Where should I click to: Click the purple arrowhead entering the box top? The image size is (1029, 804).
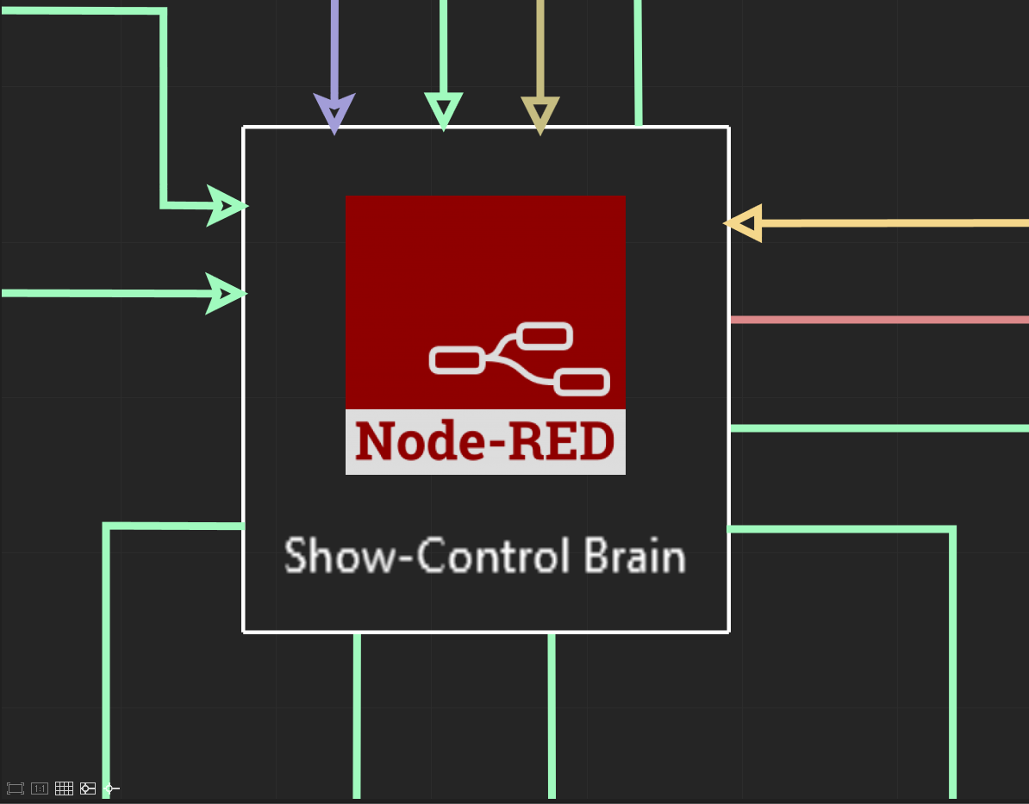tap(334, 113)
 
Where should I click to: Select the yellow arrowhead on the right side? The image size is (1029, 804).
tap(745, 223)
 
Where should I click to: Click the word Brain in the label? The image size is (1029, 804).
tap(635, 556)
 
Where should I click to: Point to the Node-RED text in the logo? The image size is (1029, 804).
tap(485, 442)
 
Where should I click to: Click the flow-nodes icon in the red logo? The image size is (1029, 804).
tap(520, 358)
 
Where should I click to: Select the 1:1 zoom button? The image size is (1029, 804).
tap(40, 788)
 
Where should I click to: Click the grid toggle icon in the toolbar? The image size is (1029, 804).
tap(64, 788)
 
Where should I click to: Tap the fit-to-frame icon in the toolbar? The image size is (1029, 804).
tap(16, 788)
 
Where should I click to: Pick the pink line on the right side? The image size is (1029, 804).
tap(879, 320)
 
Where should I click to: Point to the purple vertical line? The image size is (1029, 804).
tap(334, 43)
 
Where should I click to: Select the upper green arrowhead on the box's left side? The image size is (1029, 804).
tap(228, 206)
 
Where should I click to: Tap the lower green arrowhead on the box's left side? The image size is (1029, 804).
tap(226, 293)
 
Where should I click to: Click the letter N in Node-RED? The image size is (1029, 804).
tap(373, 442)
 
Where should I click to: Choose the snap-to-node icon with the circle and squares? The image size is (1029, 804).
tap(88, 788)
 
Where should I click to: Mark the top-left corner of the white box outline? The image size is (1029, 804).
tap(245, 128)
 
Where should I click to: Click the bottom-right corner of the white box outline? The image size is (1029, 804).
tap(728, 631)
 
